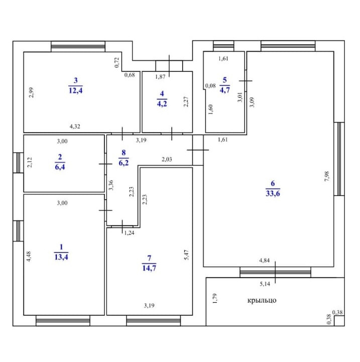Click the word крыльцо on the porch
[262, 301]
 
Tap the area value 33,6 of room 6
[273, 194]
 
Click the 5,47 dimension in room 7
[186, 255]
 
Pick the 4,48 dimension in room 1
[29, 256]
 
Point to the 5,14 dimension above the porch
[265, 285]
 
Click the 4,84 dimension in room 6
[265, 260]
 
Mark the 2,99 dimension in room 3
[31, 93]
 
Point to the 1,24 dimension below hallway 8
[129, 232]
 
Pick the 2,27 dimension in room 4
[186, 102]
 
